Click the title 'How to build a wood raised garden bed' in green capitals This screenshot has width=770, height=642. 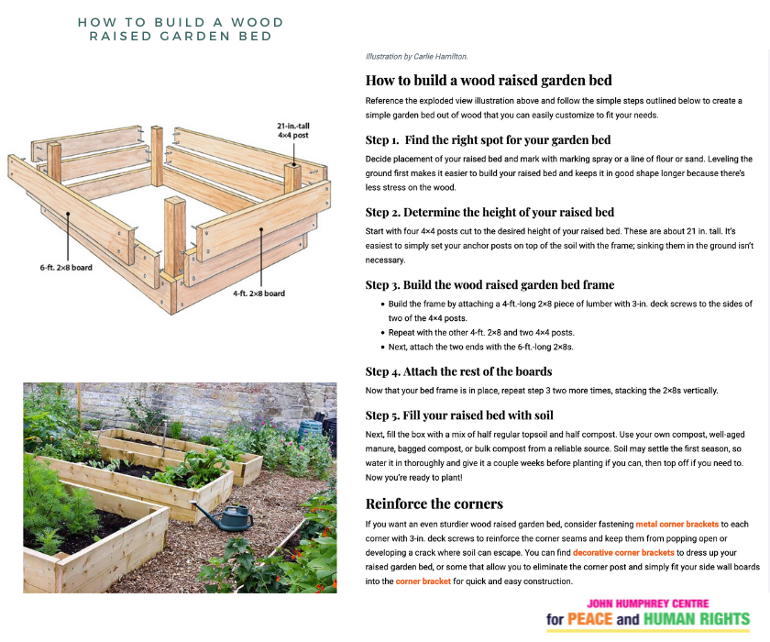(x=181, y=28)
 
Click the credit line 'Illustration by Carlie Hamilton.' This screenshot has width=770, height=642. (x=416, y=57)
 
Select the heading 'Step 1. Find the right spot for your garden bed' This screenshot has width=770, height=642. (x=488, y=140)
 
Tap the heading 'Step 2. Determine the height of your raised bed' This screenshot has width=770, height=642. (x=489, y=212)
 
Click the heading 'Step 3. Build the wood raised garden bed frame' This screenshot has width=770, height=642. (x=489, y=284)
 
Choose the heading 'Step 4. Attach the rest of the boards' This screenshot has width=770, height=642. (x=458, y=371)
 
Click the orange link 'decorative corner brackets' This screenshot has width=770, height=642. (x=622, y=553)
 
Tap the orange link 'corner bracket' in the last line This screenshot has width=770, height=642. (x=423, y=581)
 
